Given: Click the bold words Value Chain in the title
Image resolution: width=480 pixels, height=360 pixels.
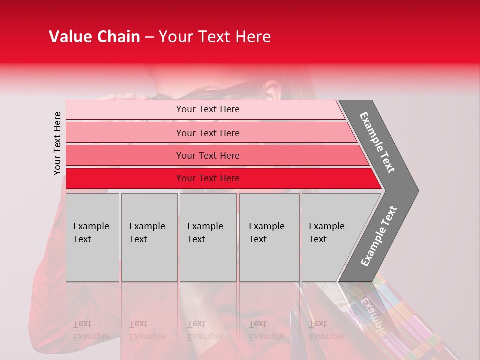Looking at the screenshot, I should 94,37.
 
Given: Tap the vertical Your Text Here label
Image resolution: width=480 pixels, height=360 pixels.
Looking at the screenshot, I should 57,143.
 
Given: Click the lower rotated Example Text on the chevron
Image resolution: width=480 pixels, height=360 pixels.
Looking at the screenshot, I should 379,236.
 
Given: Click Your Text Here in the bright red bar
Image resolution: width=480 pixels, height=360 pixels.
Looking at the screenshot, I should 208,178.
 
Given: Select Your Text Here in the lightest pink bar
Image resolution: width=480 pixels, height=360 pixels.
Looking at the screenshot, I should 208,109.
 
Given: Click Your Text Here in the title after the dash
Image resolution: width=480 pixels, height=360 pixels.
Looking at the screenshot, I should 215,37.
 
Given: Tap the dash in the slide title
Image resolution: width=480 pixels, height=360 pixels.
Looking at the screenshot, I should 149,37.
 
